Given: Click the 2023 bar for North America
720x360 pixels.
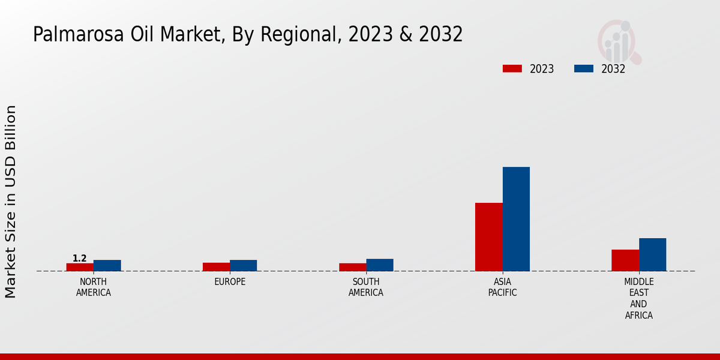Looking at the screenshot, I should pos(80,267).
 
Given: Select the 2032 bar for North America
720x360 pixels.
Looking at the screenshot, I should pos(107,265).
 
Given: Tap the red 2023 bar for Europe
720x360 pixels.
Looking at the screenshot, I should pos(216,267).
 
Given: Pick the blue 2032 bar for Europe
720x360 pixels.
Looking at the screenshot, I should pos(243,265).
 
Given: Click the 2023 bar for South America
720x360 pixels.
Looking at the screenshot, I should pos(352,267).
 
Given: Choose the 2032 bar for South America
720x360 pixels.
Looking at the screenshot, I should pos(380,265).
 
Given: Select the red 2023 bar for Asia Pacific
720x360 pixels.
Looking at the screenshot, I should pos(488,237).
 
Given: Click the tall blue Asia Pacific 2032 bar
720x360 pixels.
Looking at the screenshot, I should pos(516,219).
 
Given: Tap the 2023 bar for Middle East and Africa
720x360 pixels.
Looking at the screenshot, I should pos(625,260).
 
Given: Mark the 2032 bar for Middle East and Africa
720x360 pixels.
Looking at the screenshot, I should pos(652,254).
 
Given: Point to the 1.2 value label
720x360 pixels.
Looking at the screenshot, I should pos(79,259).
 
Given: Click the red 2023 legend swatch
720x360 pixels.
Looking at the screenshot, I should pos(512,68).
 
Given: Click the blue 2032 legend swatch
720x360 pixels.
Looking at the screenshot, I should pos(583,68).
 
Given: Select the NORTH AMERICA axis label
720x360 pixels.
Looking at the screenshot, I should pos(93,287).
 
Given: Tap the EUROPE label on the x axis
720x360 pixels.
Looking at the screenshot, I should pos(230,282).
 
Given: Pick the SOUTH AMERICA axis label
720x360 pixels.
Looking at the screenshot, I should pos(366,287).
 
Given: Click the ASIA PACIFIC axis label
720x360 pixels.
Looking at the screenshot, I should pos(502,287).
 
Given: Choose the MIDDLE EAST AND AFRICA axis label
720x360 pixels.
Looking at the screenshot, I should pos(638,298).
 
